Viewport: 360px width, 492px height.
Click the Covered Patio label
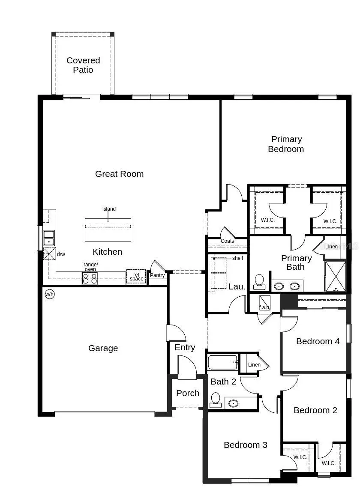(83, 65)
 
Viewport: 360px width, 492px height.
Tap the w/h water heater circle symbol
(50, 294)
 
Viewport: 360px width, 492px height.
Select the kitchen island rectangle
(108, 230)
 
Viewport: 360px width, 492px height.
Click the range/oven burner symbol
(90, 278)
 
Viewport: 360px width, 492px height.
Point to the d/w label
(61, 254)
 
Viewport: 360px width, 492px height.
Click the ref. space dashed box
(136, 277)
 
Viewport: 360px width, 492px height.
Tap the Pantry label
(157, 275)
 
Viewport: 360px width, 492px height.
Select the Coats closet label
(227, 241)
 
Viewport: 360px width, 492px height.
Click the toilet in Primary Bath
(259, 281)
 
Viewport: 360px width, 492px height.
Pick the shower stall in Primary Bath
(335, 276)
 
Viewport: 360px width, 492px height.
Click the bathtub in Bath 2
(222, 363)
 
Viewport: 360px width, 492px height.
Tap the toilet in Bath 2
(215, 400)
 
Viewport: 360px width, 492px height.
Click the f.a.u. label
(264, 307)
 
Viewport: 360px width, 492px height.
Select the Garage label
(103, 348)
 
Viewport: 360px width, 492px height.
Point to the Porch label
(188, 393)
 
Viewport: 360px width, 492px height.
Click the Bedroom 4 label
(318, 341)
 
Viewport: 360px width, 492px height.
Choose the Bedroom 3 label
(245, 445)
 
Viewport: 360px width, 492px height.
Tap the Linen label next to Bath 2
(254, 365)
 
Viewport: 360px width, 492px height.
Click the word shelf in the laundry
(237, 258)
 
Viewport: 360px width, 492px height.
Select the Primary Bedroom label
(286, 144)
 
